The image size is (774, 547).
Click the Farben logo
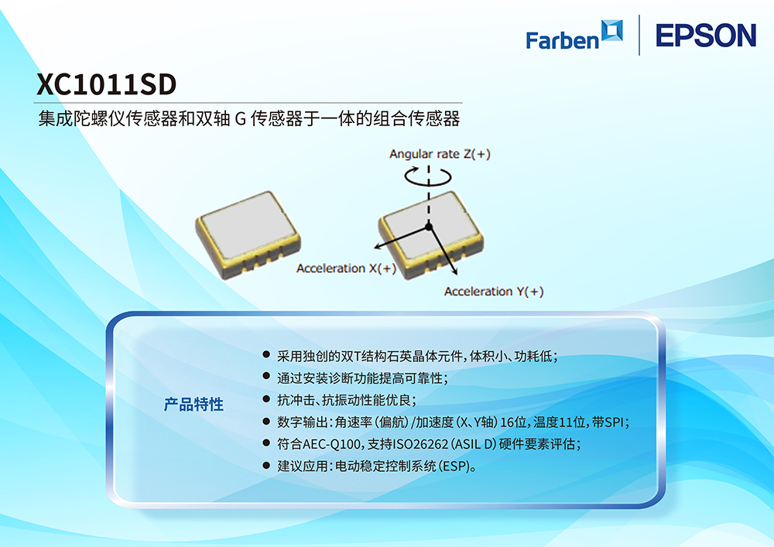574,35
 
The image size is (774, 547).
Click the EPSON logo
706,36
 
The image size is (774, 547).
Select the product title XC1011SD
106,84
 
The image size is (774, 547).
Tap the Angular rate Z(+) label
440,154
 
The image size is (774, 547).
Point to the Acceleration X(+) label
347,268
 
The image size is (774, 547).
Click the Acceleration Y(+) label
494,292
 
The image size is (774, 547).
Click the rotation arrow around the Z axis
428,176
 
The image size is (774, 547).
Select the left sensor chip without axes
248,234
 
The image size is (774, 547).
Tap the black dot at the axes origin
429,227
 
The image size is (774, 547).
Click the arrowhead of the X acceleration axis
377,245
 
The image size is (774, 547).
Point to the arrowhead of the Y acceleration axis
454,271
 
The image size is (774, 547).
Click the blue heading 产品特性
193,405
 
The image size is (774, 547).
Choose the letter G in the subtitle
241,119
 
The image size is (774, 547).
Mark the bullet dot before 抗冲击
266,398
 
